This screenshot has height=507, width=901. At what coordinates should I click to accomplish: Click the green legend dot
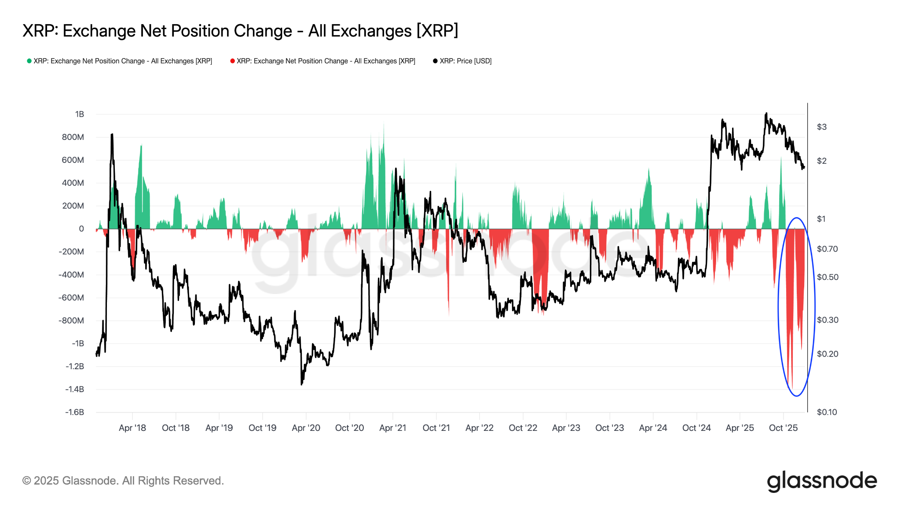[29, 61]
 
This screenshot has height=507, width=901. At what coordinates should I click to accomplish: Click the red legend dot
[232, 61]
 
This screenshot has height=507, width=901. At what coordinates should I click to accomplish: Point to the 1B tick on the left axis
[79, 114]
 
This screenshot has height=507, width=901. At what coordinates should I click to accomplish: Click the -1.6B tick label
[74, 412]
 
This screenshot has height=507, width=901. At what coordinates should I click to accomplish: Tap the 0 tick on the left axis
[81, 229]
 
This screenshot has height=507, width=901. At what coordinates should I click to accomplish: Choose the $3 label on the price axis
[821, 127]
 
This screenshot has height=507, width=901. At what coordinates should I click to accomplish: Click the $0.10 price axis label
[827, 412]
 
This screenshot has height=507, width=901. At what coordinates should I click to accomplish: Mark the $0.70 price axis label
[827, 249]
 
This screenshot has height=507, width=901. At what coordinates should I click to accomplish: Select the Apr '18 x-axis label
[132, 428]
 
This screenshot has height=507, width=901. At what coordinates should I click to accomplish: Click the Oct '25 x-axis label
[783, 428]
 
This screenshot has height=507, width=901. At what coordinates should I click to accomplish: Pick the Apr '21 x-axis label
[392, 428]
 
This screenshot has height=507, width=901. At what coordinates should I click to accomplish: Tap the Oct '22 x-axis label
[523, 428]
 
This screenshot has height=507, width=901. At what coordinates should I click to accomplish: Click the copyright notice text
[123, 481]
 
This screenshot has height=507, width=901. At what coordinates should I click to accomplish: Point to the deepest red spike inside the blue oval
[792, 387]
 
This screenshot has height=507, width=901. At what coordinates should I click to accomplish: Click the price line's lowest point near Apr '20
[301, 385]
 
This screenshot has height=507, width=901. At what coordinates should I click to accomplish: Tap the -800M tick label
[71, 321]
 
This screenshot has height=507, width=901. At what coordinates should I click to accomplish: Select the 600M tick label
[73, 160]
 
